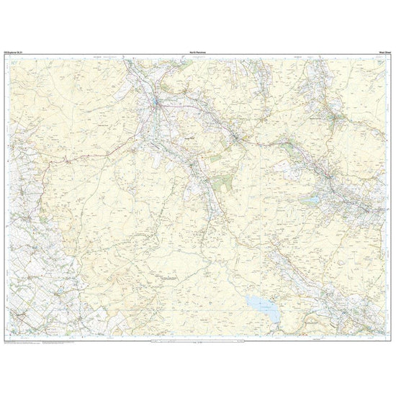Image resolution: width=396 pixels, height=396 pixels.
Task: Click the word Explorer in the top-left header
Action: [x=14, y=50]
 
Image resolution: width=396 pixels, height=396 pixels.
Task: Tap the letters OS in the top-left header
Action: [x=6, y=50]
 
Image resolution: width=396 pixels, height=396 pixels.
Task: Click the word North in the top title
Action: [x=191, y=50]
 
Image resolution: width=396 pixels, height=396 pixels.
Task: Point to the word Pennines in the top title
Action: [x=202, y=50]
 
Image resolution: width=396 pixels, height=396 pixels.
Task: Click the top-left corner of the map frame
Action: [x=4, y=54]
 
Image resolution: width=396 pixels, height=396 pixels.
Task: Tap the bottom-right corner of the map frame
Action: [x=391, y=336]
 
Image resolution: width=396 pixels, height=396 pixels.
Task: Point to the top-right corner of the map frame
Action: [x=391, y=54]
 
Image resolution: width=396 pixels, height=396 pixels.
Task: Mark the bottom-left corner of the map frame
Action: [x=4, y=336]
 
